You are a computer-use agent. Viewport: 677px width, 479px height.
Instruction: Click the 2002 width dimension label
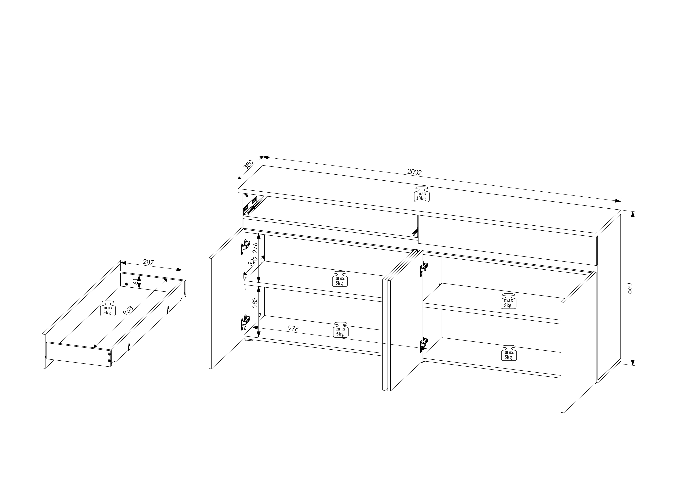coord(415,172)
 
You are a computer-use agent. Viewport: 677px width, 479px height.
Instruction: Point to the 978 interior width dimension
coord(293,329)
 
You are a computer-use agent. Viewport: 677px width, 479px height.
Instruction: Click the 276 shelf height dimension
coord(255,248)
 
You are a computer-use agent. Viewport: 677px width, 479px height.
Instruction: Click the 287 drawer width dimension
coord(148,262)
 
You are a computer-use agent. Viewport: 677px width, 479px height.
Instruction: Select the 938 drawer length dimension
coord(128,310)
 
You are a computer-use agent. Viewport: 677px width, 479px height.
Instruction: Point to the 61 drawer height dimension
coord(136,281)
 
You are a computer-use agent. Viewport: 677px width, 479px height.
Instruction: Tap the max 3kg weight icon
coord(107,308)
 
